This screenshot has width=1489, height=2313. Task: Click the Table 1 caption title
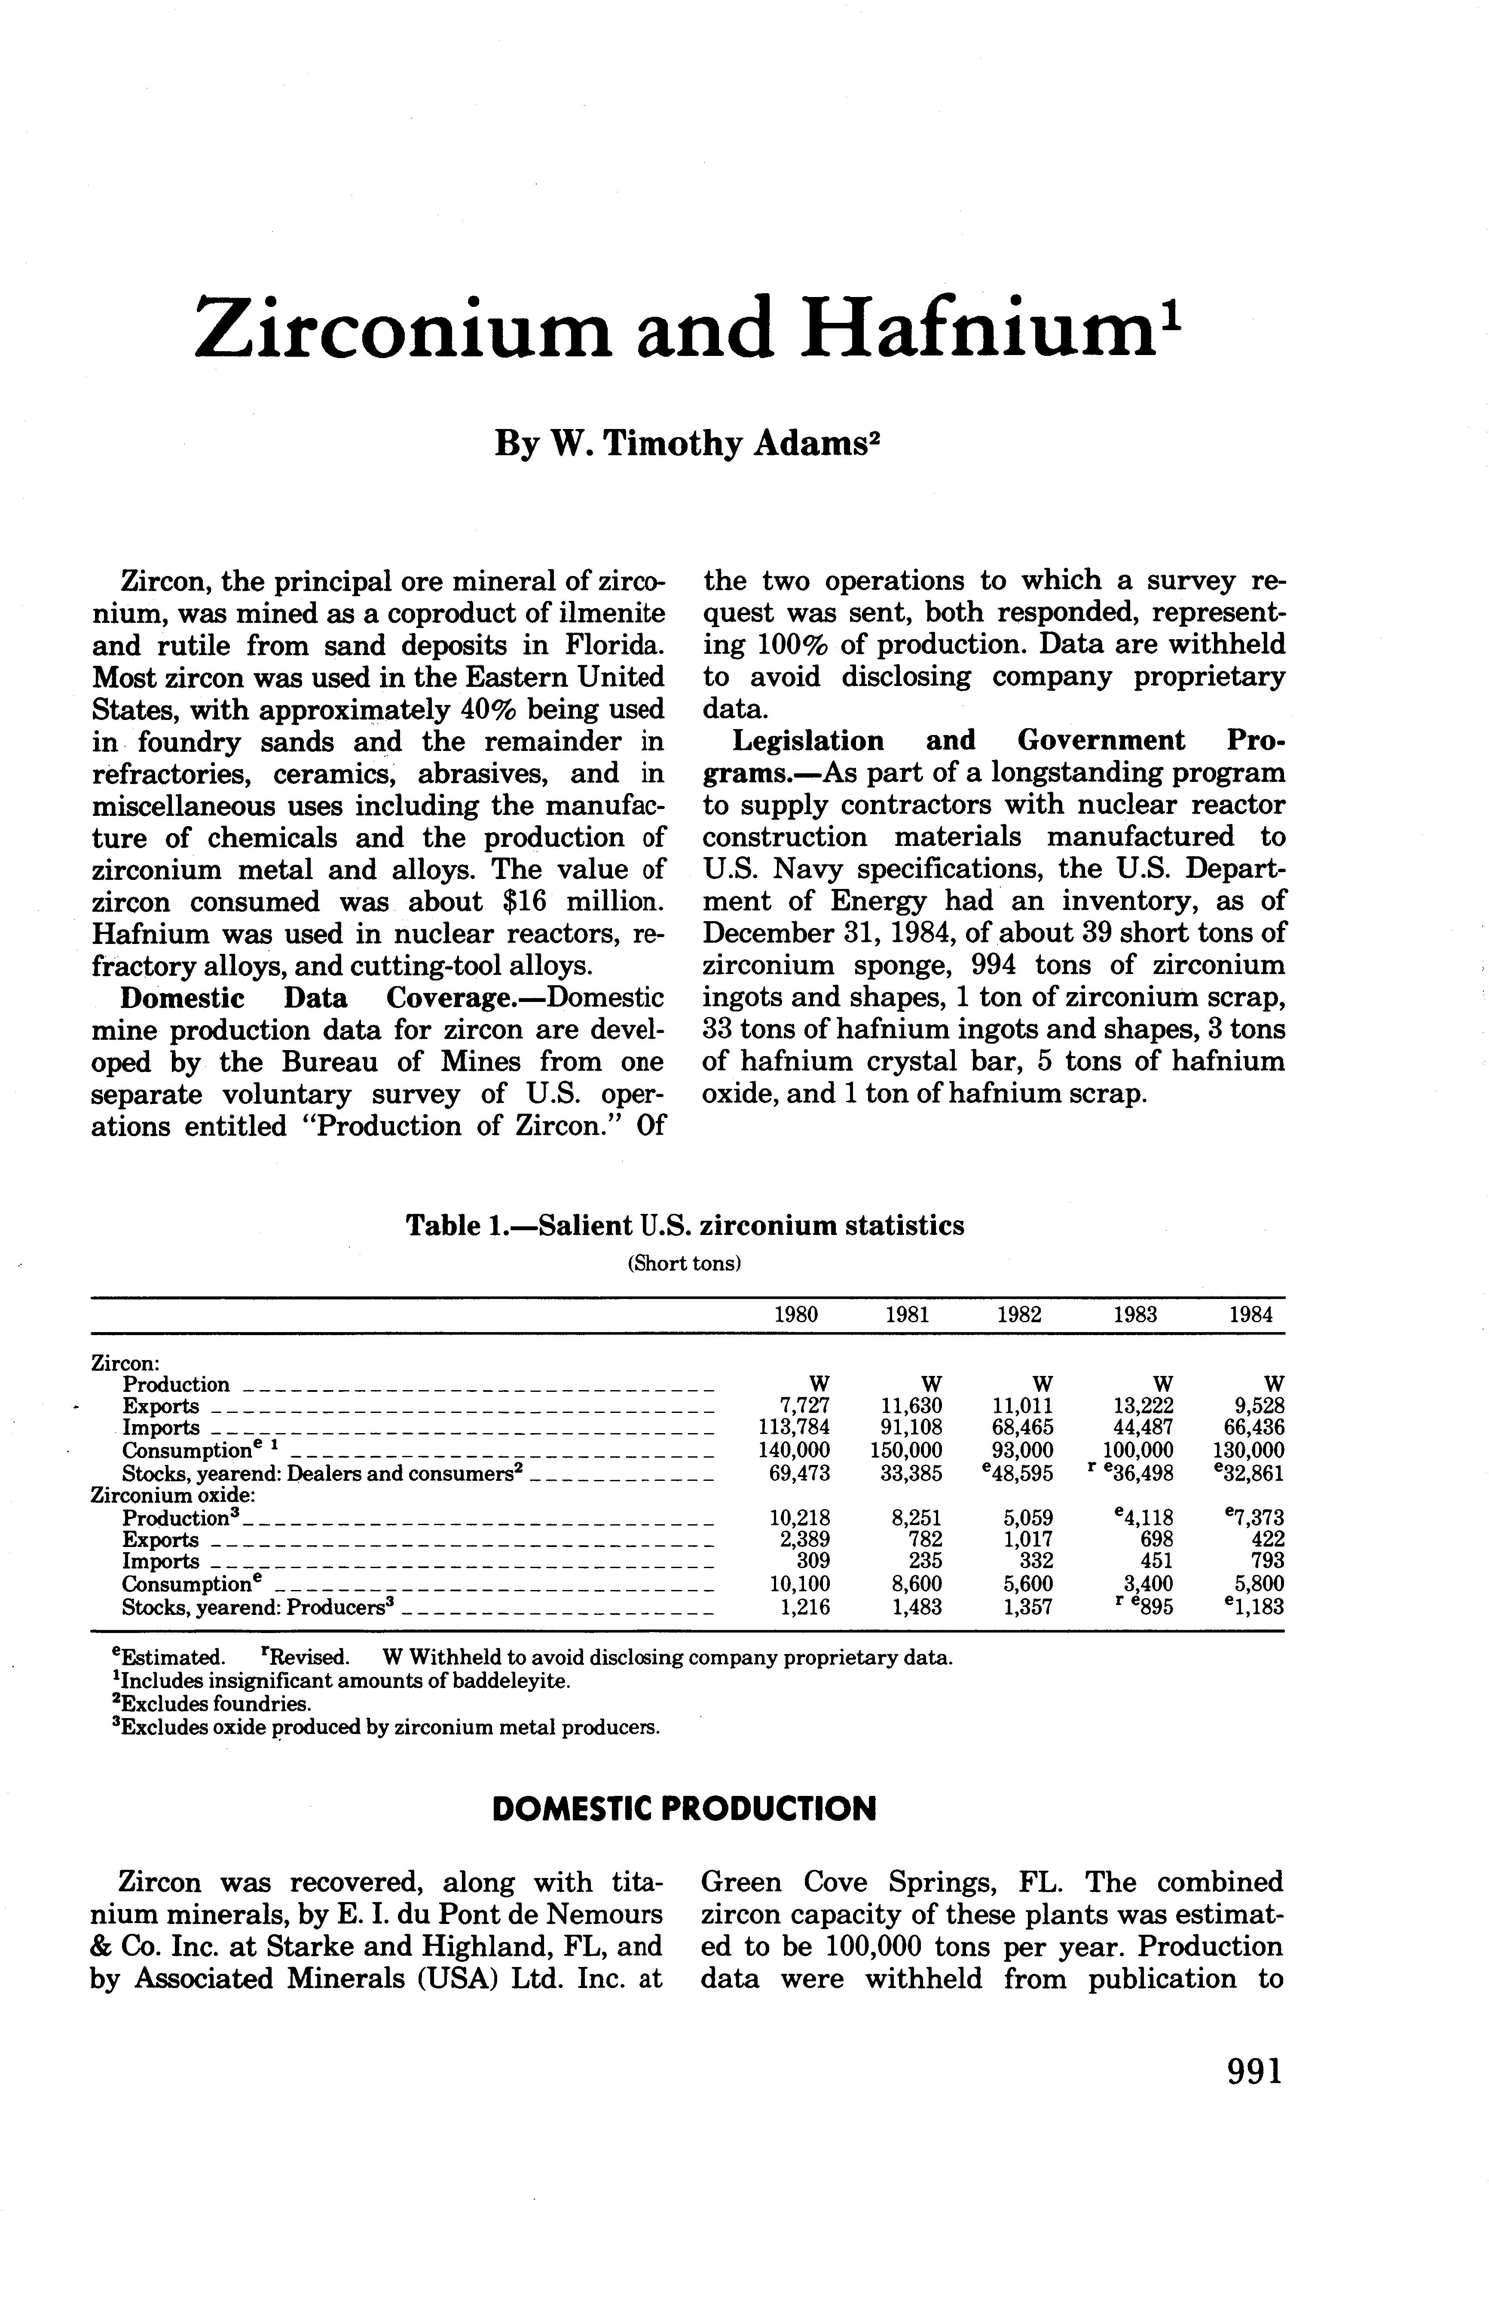tap(685, 1226)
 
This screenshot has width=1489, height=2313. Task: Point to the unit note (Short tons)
tap(685, 1264)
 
